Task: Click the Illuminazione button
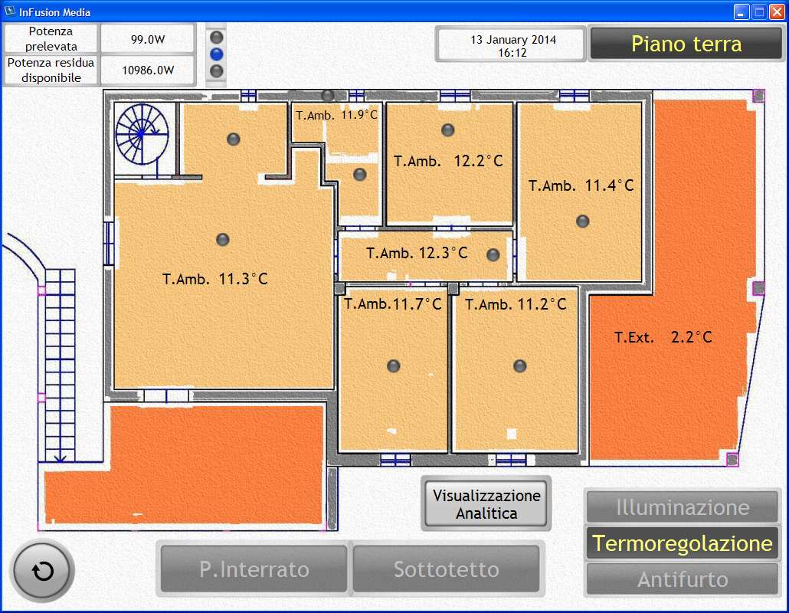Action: [683, 507]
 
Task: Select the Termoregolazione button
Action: [683, 543]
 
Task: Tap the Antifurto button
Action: [683, 579]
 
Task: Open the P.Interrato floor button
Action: [254, 569]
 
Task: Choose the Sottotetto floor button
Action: [447, 569]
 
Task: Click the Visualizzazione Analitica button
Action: [486, 504]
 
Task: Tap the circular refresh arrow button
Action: [43, 571]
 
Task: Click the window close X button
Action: [777, 11]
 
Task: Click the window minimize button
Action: [741, 11]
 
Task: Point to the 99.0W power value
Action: [148, 39]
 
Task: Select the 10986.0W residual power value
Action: [148, 70]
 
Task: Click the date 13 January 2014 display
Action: [512, 40]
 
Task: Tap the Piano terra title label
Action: [686, 44]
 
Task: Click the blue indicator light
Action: [216, 54]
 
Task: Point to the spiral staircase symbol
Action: [142, 134]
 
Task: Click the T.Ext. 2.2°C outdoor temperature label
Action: [663, 336]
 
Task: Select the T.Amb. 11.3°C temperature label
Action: [214, 278]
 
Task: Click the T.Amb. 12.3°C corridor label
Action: [417, 253]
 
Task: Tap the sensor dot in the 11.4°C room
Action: [583, 221]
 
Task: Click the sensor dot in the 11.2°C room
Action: [520, 366]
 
